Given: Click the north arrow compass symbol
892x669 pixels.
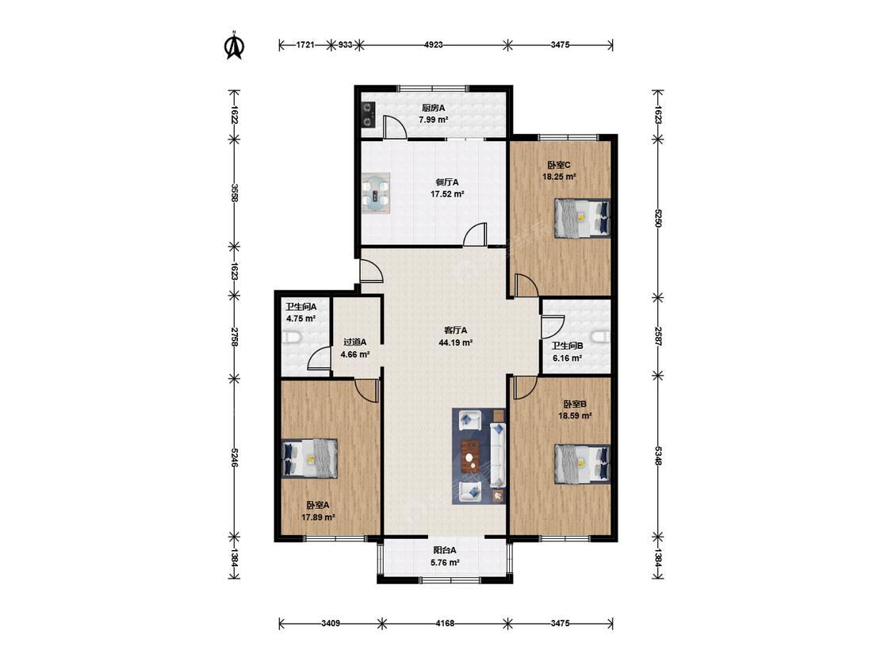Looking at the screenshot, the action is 235,45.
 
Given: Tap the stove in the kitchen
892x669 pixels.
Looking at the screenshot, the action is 368,114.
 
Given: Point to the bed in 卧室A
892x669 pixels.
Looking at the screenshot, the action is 311,458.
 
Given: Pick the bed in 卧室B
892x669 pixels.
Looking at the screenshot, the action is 582,464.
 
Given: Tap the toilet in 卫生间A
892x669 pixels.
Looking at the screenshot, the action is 291,338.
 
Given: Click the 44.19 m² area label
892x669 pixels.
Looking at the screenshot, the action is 456,342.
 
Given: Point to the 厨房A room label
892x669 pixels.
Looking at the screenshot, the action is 433,108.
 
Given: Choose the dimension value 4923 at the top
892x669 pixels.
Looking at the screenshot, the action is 434,44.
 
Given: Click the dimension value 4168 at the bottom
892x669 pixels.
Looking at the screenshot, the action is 445,624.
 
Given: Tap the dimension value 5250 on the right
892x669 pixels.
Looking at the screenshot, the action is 657,218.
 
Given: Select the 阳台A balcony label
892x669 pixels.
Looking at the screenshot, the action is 445,550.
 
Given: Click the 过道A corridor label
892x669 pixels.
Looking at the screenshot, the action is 355,342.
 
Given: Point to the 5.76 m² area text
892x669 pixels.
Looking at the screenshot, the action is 445,563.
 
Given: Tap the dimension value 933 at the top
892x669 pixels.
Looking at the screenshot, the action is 345,44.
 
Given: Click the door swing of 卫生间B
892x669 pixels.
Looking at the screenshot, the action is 553,328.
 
